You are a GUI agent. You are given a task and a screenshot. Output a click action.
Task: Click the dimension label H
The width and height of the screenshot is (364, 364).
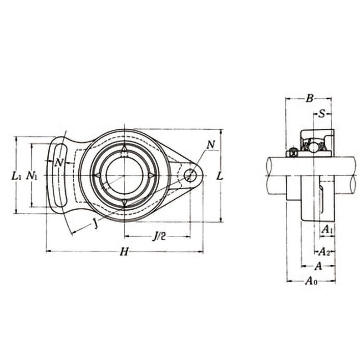pos(124,252)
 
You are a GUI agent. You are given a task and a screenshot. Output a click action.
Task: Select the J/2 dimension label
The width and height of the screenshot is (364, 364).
pos(159,236)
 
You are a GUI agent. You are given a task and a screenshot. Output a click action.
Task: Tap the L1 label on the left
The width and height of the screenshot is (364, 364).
pos(17,176)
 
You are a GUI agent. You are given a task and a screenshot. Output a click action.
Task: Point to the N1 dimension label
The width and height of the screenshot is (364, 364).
pos(31,176)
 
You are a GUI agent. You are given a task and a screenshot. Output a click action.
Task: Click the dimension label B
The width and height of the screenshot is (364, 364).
pos(309,98)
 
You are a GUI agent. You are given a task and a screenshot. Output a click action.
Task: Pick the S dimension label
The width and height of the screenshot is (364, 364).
pos(322,114)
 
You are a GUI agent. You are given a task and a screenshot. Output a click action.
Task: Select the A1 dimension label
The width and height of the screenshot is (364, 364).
pos(327,230)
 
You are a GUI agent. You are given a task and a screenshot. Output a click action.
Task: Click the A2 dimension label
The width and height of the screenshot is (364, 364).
pos(324,252)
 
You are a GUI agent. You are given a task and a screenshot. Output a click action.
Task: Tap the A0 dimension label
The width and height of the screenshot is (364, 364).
pos(312,281)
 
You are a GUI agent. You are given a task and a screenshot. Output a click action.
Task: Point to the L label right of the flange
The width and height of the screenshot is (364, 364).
pos(220,177)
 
